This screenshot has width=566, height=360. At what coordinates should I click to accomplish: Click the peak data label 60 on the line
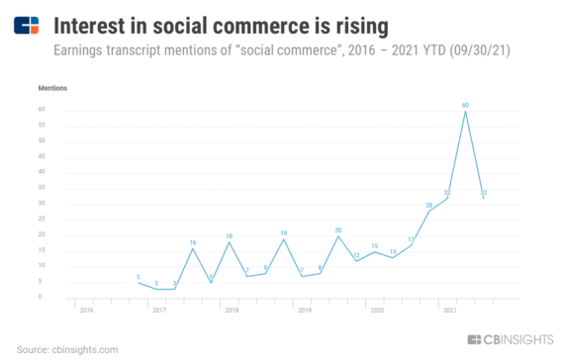point(465,103)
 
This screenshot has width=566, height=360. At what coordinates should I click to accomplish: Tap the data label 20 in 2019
point(338,229)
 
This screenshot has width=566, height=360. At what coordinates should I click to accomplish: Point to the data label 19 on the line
point(284,232)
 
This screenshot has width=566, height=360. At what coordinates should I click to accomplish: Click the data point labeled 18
point(230,236)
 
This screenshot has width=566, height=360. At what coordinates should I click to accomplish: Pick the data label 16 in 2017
point(193,242)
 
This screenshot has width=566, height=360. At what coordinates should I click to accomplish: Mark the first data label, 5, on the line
point(139,277)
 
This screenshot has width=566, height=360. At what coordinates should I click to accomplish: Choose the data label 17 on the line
point(411,238)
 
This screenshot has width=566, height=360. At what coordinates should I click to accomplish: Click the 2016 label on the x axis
point(85,310)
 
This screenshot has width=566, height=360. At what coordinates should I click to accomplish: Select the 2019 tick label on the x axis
point(303,310)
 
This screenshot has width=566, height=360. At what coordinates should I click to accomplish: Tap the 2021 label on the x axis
point(448,310)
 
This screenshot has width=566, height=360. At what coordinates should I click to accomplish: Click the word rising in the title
point(333,23)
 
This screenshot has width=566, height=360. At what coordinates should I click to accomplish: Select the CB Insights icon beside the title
point(27,25)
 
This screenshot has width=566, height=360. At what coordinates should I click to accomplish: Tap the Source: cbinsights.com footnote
point(66,349)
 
